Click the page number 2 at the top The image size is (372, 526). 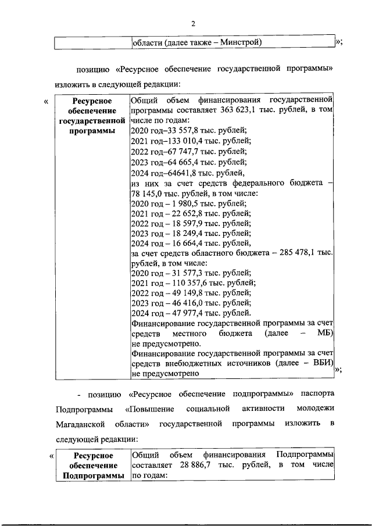pos(193,23)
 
